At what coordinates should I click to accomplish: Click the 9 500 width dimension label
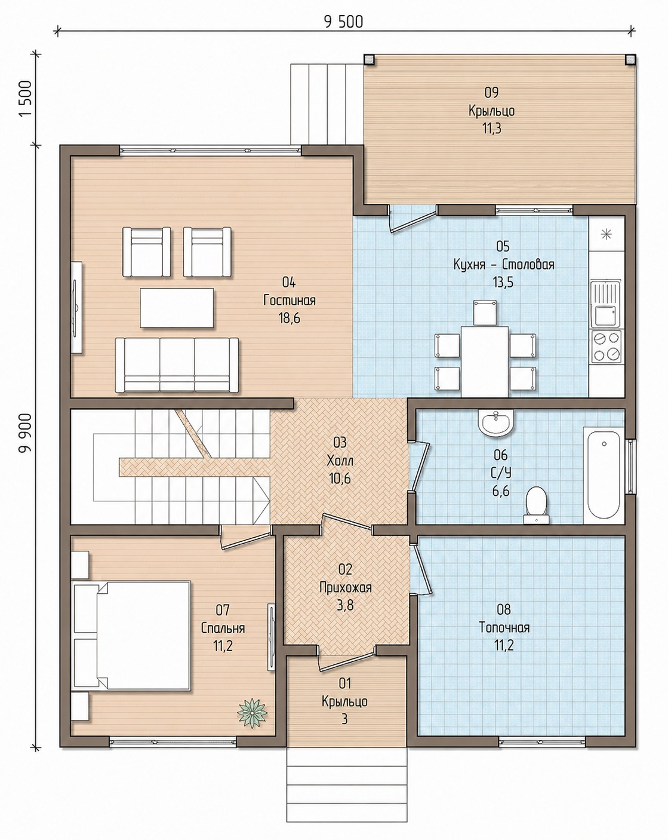point(343,22)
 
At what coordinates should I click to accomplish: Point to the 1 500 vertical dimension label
point(25,99)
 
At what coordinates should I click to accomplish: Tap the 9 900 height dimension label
point(25,433)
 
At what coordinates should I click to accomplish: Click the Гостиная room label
point(289,300)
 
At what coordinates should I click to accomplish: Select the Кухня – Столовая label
point(503,264)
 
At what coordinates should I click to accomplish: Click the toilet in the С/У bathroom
point(536,505)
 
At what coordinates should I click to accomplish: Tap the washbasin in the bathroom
point(495,423)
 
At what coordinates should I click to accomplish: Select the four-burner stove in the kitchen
point(607,346)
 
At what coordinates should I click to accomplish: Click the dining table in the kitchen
point(485,361)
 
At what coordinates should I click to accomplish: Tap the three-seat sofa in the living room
point(177,364)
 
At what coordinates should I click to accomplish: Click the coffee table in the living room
point(177,308)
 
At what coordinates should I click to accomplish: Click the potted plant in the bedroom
point(253,712)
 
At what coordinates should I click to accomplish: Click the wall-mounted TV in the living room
point(76,308)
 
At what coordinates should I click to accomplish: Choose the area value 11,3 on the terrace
point(492,128)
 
